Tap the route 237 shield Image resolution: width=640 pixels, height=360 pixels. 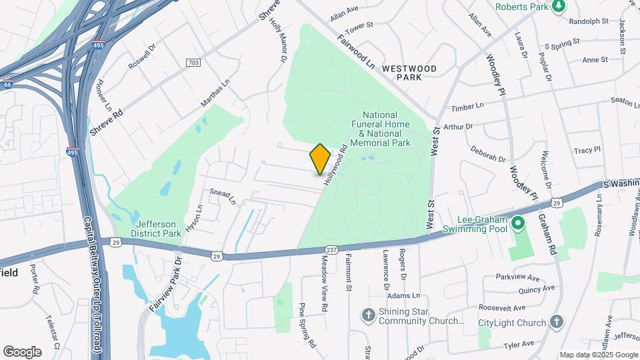(331, 249)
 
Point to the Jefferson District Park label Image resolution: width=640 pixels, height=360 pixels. (157, 229)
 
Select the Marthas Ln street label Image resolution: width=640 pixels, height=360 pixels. (215, 95)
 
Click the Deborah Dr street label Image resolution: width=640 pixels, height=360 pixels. (487, 154)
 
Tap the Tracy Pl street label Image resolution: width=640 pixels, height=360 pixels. (587, 150)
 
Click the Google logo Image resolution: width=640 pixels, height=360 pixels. (23, 351)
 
